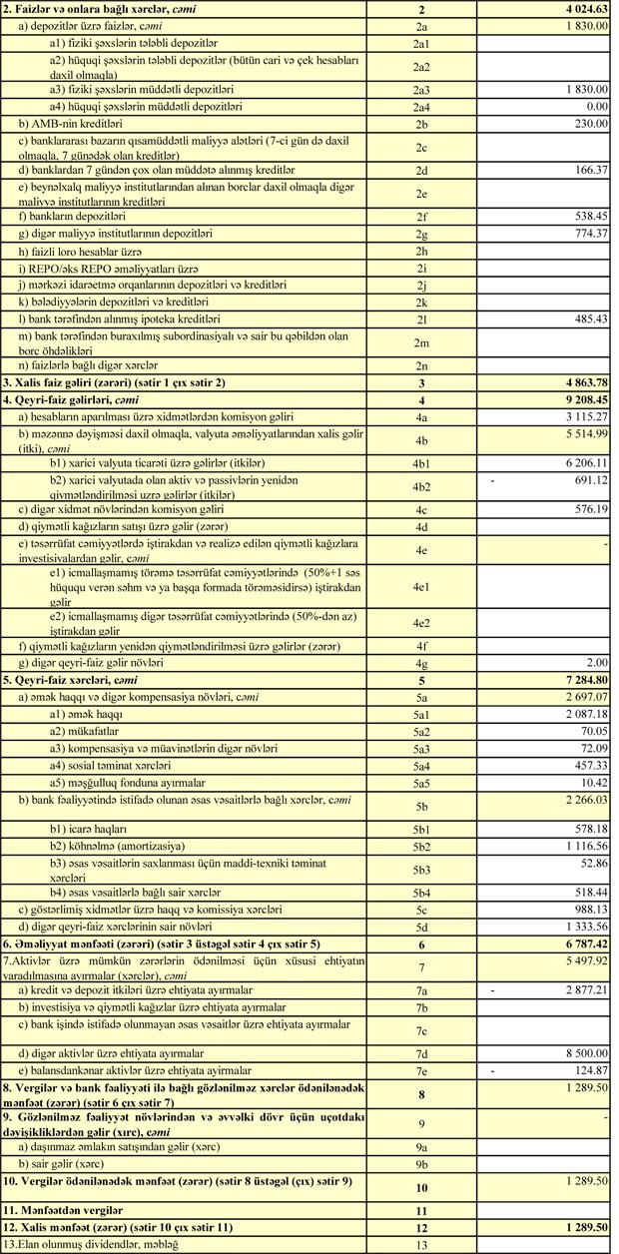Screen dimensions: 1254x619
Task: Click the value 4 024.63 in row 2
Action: coord(579,10)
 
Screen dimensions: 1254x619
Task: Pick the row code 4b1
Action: coord(421,464)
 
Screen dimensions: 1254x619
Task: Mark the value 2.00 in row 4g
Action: coord(596,662)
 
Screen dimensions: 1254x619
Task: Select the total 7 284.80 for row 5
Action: coord(579,680)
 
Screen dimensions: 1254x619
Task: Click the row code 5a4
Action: coord(421,766)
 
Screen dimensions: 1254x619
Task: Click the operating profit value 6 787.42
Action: coord(579,943)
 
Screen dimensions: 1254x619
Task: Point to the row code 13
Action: coord(421,1244)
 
